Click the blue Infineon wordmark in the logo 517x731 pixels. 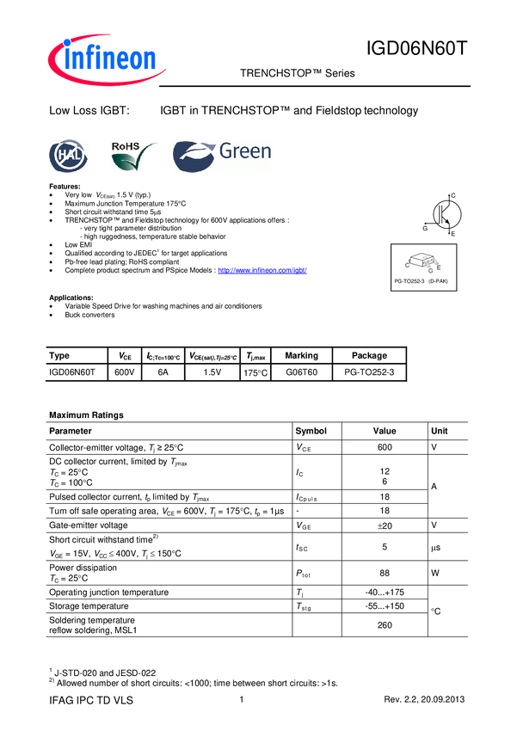tap(112, 58)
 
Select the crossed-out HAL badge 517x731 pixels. tap(68, 157)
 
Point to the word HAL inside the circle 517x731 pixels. tap(68, 157)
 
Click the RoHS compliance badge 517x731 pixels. tap(135, 157)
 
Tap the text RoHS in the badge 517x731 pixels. tap(126, 147)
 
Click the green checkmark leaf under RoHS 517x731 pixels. tap(140, 161)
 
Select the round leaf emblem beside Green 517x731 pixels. tap(194, 157)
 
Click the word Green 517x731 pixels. tap(245, 152)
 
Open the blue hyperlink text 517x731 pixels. tap(262, 270)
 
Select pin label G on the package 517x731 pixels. tap(430, 270)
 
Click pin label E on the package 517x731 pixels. tap(439, 267)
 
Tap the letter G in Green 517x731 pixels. tap(228, 152)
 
